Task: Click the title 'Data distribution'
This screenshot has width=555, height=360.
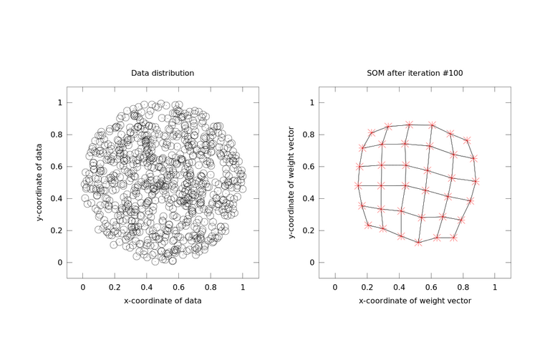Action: click(x=163, y=73)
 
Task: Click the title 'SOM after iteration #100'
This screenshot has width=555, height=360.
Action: click(x=415, y=73)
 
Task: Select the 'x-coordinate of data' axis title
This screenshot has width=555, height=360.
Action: click(x=163, y=301)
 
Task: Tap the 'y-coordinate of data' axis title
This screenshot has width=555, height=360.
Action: click(x=40, y=183)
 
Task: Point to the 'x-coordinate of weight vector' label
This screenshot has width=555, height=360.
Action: click(x=415, y=301)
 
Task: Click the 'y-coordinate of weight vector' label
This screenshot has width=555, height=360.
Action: click(x=292, y=183)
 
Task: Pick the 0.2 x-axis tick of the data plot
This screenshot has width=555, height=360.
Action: click(x=115, y=286)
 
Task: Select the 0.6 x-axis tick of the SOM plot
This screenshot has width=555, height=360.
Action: click(x=431, y=286)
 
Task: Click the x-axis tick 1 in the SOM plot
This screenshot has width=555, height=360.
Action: click(x=495, y=286)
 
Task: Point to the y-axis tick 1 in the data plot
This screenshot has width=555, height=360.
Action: click(x=60, y=102)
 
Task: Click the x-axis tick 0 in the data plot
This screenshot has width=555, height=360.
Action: click(x=83, y=286)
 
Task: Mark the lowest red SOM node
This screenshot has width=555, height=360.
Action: click(x=418, y=243)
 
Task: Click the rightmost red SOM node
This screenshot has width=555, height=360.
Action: click(x=476, y=182)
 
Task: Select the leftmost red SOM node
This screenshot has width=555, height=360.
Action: click(x=358, y=185)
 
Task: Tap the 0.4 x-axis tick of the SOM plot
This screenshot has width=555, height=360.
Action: click(x=399, y=286)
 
